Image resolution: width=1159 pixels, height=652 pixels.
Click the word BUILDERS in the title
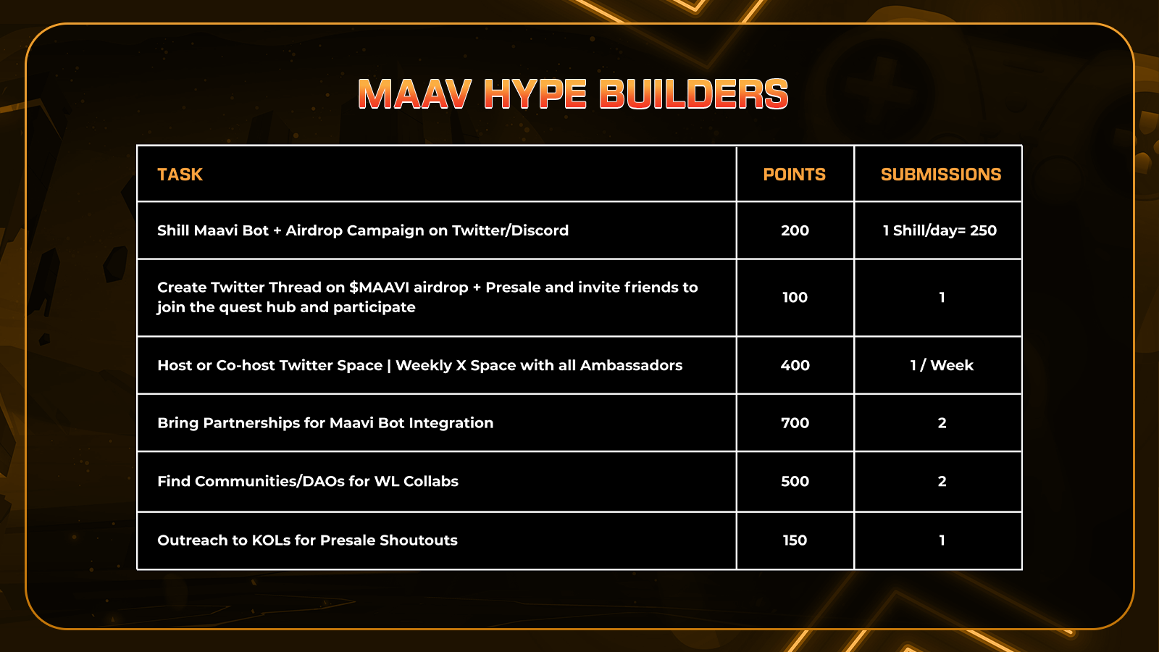[x=693, y=94]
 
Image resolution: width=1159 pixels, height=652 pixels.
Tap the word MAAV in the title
[x=414, y=94]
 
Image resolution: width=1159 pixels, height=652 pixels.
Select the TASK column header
[x=180, y=175]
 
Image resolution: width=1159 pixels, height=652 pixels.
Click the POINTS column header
[x=794, y=175]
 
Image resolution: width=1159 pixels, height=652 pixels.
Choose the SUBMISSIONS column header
[x=941, y=175]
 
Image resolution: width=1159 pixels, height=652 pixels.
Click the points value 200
[x=795, y=230]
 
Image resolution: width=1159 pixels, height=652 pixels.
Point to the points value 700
[x=795, y=423]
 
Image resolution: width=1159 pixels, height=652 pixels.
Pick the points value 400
[x=795, y=365]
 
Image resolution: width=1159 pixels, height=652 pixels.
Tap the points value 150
[x=795, y=540]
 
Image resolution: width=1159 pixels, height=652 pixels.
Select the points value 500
[x=795, y=481]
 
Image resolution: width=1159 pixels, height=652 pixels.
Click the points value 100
[x=795, y=298]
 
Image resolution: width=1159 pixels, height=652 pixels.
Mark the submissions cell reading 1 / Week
[x=942, y=365]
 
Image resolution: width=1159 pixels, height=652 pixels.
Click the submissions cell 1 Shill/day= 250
[x=940, y=230]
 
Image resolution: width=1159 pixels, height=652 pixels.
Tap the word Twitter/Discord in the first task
[x=510, y=230]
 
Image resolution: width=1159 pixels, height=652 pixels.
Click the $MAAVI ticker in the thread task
[x=379, y=287]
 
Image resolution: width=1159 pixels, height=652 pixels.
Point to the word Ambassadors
[x=631, y=365]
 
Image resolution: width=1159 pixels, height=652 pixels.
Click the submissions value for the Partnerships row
[x=942, y=423]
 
